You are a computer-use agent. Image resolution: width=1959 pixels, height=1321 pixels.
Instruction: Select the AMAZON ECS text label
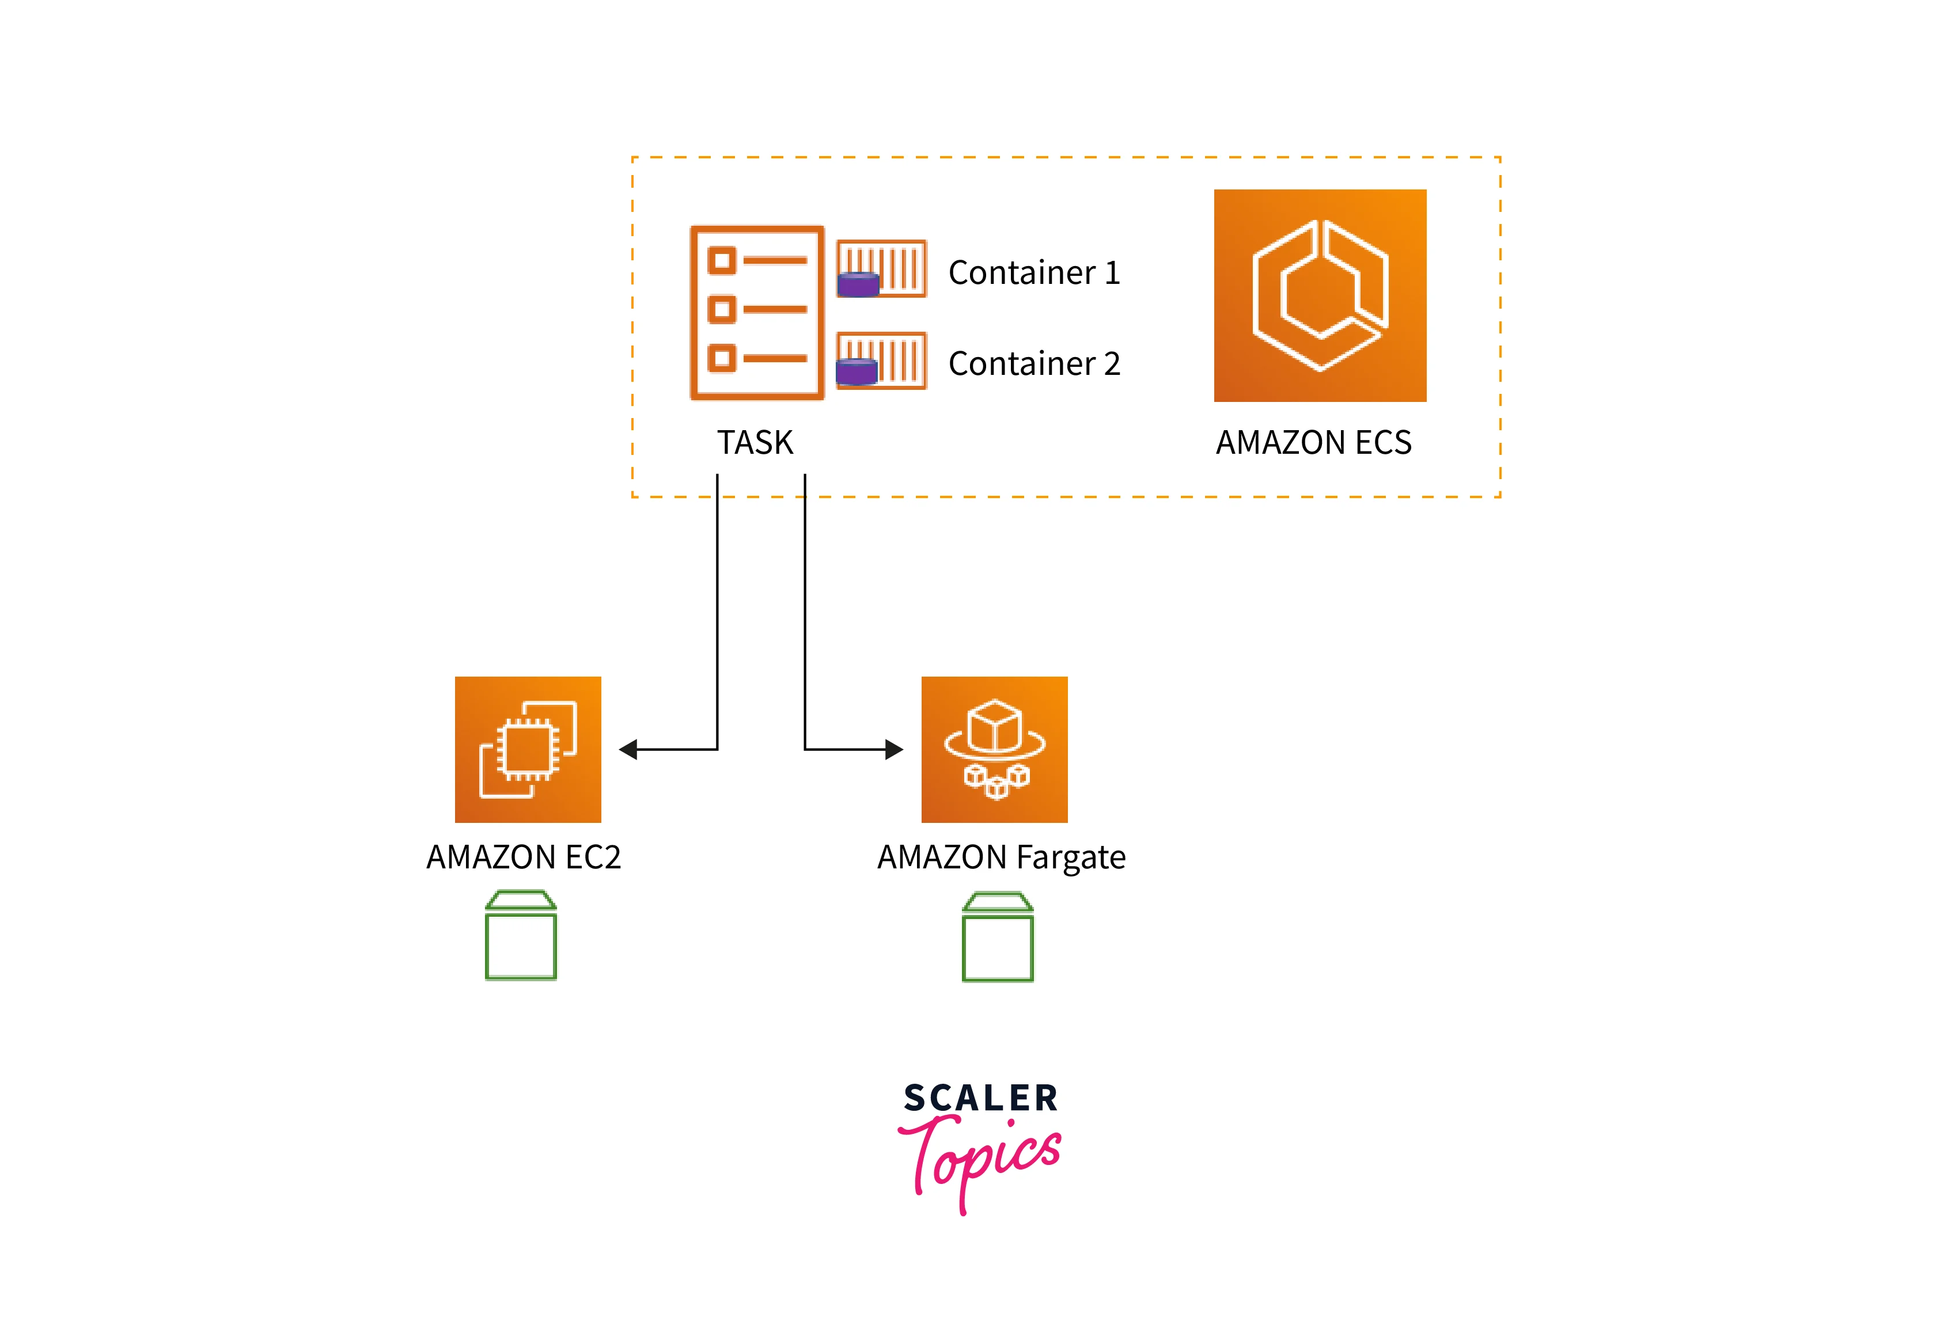click(1313, 442)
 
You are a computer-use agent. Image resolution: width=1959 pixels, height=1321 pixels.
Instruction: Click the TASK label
click(755, 442)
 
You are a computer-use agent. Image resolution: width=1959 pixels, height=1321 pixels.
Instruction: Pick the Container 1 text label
click(1034, 272)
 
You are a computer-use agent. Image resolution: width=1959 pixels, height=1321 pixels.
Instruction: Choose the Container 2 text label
click(1034, 363)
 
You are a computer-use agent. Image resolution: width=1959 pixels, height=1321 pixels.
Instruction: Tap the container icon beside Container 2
click(881, 360)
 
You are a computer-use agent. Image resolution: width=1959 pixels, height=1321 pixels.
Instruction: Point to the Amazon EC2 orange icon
click(528, 749)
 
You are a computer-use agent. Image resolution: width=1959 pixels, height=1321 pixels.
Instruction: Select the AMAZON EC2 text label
click(523, 857)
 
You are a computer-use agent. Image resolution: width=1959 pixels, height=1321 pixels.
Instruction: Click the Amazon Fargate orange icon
click(994, 749)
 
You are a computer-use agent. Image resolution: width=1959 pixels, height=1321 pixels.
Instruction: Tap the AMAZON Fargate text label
click(1001, 857)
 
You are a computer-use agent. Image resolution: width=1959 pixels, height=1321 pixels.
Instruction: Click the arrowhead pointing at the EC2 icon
click(628, 749)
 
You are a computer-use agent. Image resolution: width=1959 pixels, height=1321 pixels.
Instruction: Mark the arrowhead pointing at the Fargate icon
click(894, 749)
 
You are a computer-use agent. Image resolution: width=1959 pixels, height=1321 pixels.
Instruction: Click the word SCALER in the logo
click(981, 1098)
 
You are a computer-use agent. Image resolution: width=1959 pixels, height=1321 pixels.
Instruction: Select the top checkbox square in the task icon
click(721, 260)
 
